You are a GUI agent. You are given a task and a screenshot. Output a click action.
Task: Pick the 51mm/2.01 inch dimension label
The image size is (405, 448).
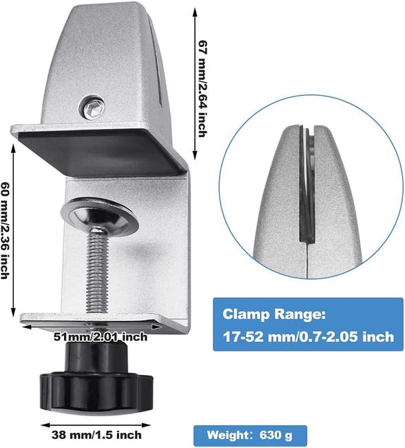point(101,336)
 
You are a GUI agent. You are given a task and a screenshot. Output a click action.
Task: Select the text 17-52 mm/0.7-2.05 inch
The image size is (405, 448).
point(308,337)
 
